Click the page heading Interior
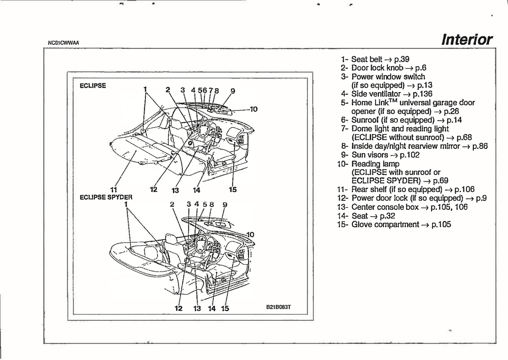[467, 40]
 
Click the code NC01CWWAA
[64, 43]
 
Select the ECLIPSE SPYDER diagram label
[106, 197]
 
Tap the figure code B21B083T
[278, 307]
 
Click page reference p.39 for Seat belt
[401, 59]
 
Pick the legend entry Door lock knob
[377, 68]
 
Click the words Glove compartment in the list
[385, 224]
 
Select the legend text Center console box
[385, 207]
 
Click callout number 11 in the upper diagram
[114, 189]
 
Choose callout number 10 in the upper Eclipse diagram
[253, 109]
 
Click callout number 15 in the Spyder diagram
[225, 308]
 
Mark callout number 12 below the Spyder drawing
[179, 308]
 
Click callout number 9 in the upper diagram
[233, 91]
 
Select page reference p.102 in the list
[410, 155]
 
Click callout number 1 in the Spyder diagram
[126, 204]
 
